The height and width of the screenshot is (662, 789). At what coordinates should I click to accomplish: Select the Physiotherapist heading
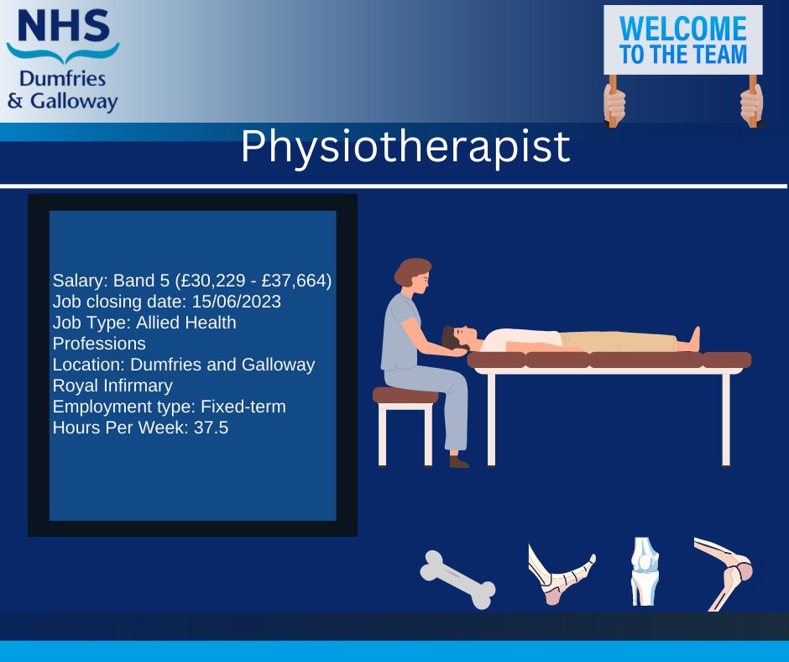point(405,148)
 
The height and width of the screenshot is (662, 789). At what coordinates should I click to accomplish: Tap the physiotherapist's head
point(413,274)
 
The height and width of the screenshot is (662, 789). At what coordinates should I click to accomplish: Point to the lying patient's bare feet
point(693,338)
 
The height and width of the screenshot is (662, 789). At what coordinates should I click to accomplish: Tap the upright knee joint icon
point(645,571)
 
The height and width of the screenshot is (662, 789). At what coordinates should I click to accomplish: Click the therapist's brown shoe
point(458,461)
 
